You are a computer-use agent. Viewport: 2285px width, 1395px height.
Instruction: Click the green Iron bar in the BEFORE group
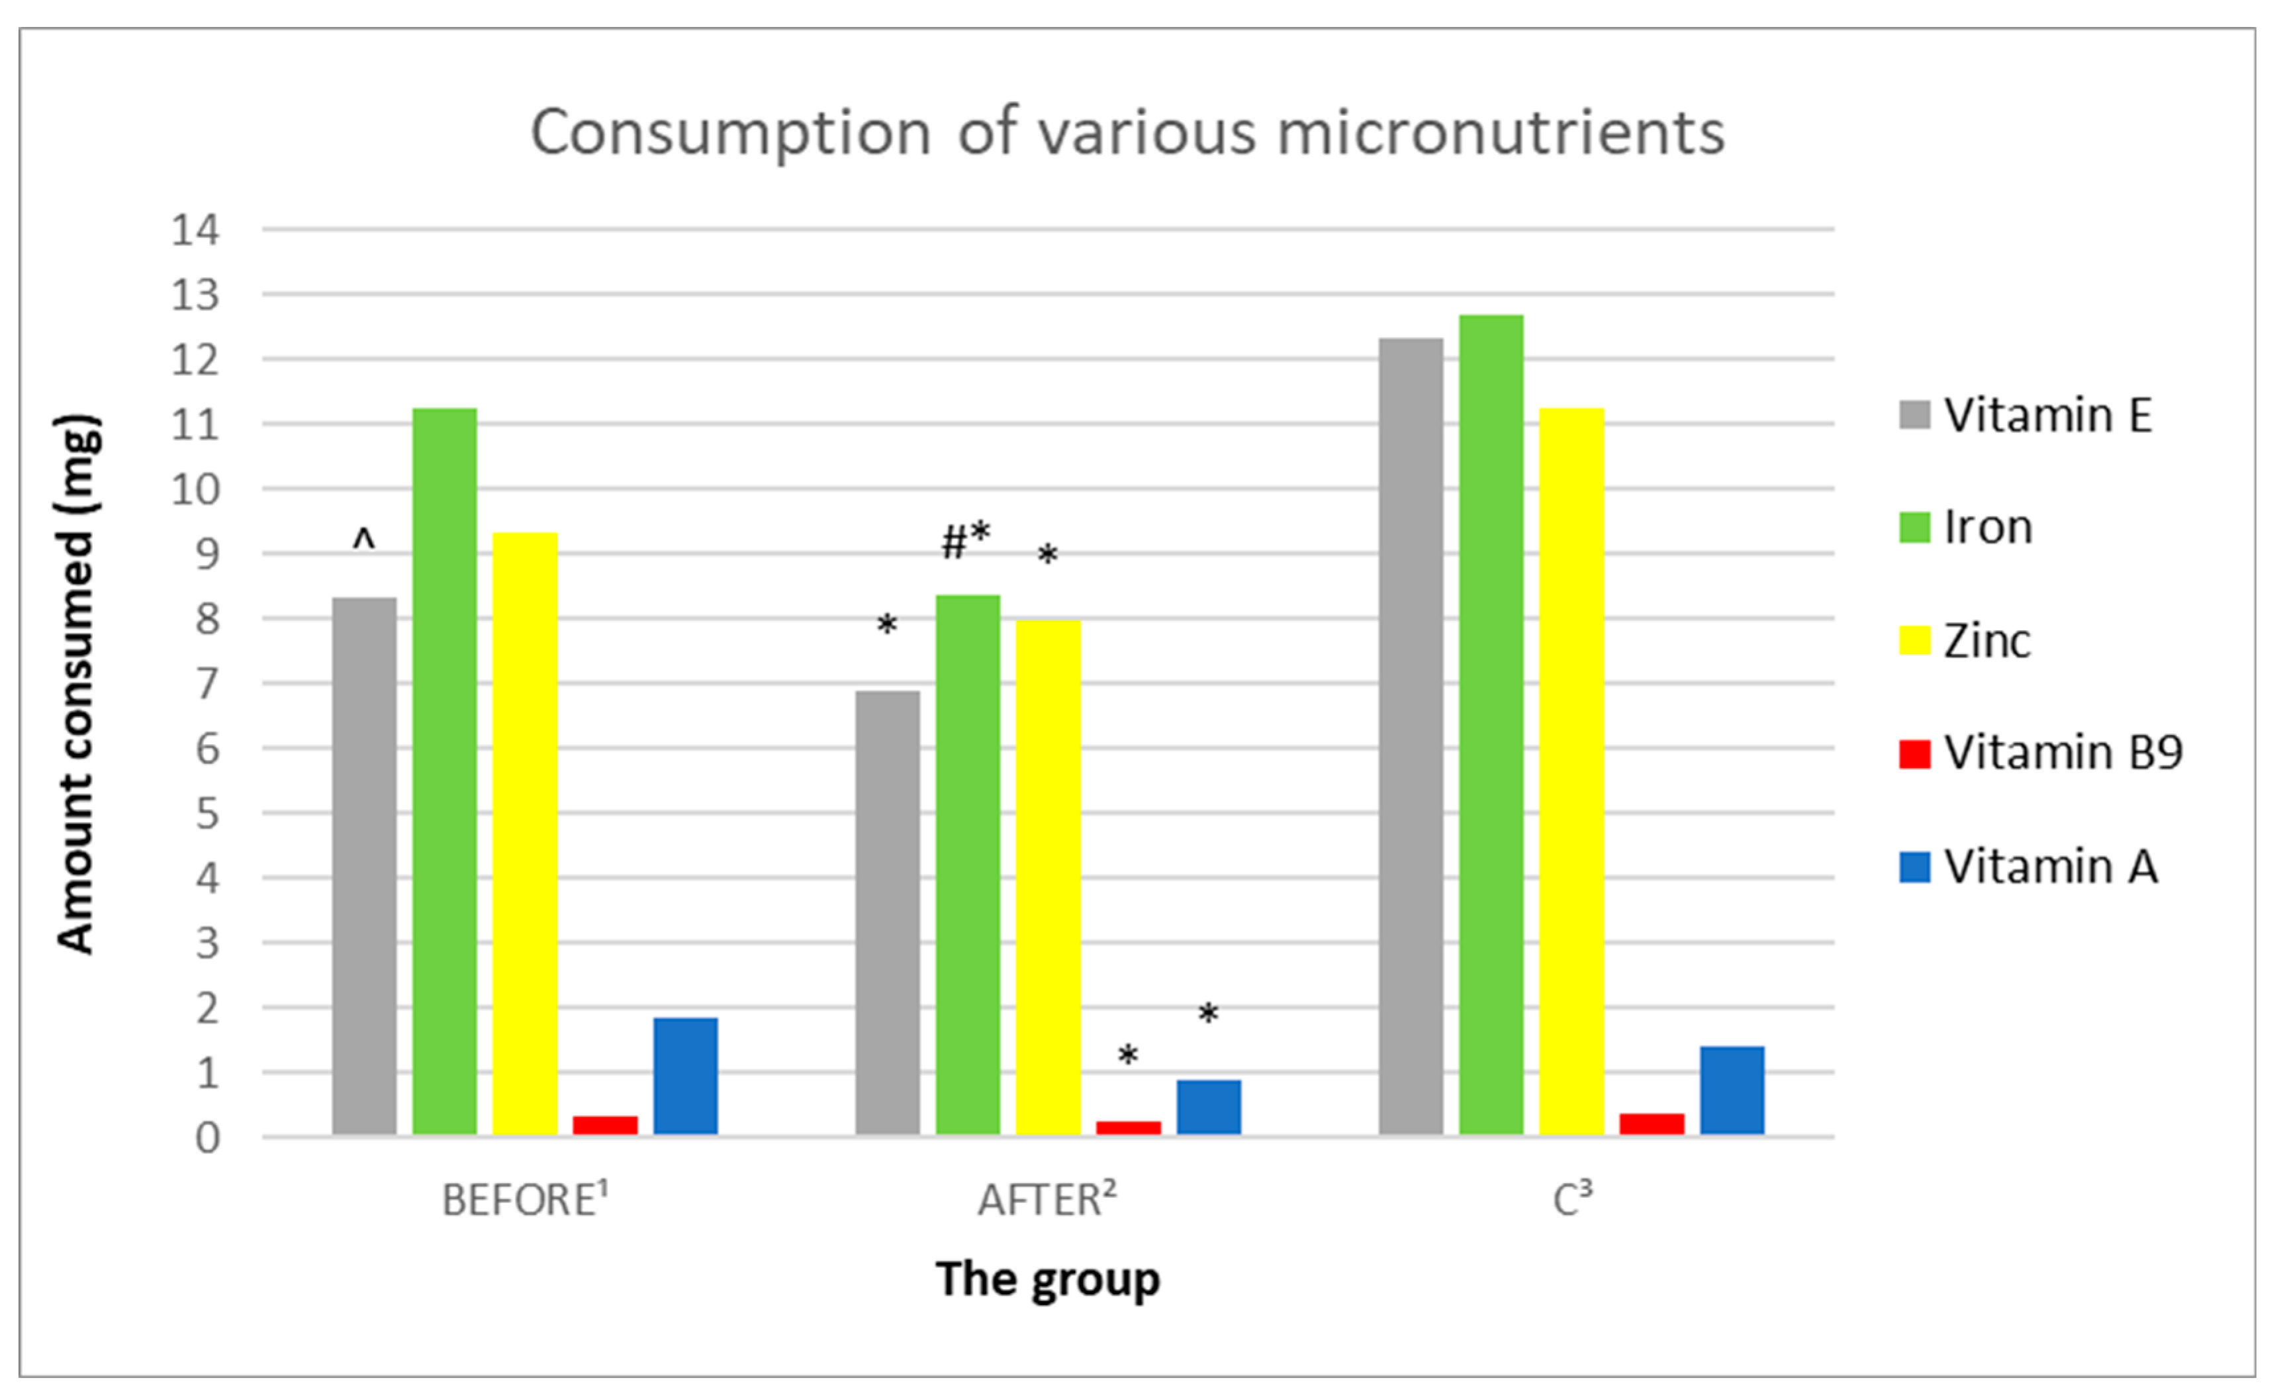pos(444,770)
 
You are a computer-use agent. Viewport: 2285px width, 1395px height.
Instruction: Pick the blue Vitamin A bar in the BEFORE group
pos(685,1076)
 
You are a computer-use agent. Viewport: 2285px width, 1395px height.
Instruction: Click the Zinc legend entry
pos(1984,640)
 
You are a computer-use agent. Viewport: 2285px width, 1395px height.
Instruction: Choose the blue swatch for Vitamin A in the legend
pos(1914,867)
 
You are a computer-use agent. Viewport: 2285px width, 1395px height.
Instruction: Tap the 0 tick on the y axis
pos(206,1138)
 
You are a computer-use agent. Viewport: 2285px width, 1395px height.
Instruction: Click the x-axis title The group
pos(1048,1279)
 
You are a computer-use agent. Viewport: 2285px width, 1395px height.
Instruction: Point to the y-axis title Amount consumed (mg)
pos(76,683)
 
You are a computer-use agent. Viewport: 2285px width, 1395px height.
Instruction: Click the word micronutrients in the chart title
pos(1501,132)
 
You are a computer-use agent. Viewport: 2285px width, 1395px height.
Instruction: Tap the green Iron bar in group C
pos(1491,724)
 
